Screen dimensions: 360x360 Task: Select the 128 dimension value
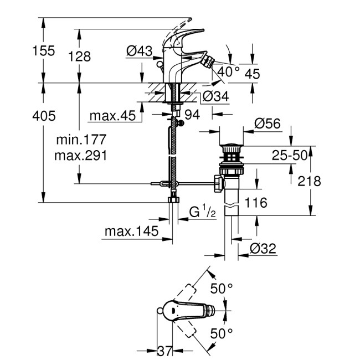80,56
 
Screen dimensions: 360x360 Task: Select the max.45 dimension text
113,116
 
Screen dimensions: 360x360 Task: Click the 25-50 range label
289,156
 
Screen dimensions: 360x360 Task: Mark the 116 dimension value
256,203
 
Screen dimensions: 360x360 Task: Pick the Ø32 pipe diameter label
262,249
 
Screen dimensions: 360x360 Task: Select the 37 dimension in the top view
163,350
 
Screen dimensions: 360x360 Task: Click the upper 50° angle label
222,288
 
